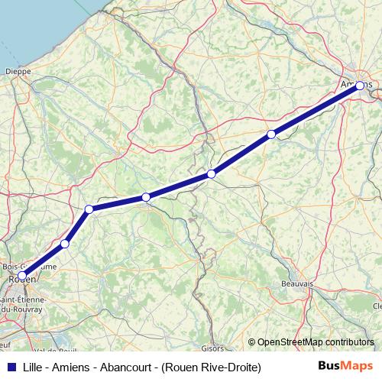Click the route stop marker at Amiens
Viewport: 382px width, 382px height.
[x=359, y=86]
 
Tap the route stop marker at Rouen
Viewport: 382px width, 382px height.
[x=22, y=275]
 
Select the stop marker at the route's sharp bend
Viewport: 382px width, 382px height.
[x=89, y=209]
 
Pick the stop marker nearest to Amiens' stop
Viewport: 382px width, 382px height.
[x=270, y=134]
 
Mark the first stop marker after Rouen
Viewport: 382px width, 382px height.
[x=65, y=244]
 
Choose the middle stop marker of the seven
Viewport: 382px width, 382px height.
[x=145, y=197]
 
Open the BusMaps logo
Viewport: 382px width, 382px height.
[x=346, y=367]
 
